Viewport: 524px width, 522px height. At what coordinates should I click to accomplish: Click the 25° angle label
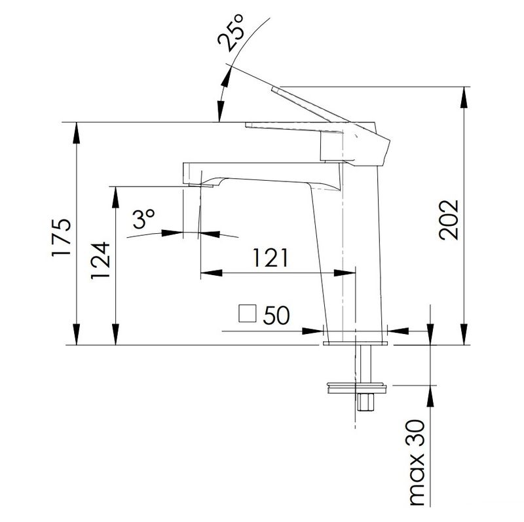coord(231,33)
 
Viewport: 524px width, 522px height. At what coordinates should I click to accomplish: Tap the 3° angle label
coord(143,219)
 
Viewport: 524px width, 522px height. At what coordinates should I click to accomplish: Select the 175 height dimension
coord(62,238)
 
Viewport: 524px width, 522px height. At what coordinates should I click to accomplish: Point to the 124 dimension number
coord(100,260)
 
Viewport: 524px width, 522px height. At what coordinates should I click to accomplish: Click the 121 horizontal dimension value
coord(270,257)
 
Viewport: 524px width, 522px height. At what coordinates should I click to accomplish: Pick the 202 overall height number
coord(449,220)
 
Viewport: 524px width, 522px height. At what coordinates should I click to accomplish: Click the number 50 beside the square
coord(276,315)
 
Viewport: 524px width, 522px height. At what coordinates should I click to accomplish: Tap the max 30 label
coord(417,462)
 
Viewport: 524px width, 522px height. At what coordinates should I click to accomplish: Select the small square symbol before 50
coord(248,314)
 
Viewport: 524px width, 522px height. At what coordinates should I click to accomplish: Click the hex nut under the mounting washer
coord(365,402)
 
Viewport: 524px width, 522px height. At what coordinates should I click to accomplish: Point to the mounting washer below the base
coord(357,388)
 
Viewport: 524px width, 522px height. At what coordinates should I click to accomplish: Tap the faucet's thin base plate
coord(355,343)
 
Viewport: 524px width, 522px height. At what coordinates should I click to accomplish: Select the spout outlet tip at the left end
coord(200,185)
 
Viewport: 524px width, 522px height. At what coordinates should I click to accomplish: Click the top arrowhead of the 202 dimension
coord(464,98)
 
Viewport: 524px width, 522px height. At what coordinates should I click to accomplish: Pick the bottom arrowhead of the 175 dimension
coord(77,334)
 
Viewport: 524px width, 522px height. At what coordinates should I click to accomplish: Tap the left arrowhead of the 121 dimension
coord(211,273)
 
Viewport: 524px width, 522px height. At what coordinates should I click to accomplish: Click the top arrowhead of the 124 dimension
coord(116,198)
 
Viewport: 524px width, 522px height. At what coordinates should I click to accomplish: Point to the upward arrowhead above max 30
coord(430,396)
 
